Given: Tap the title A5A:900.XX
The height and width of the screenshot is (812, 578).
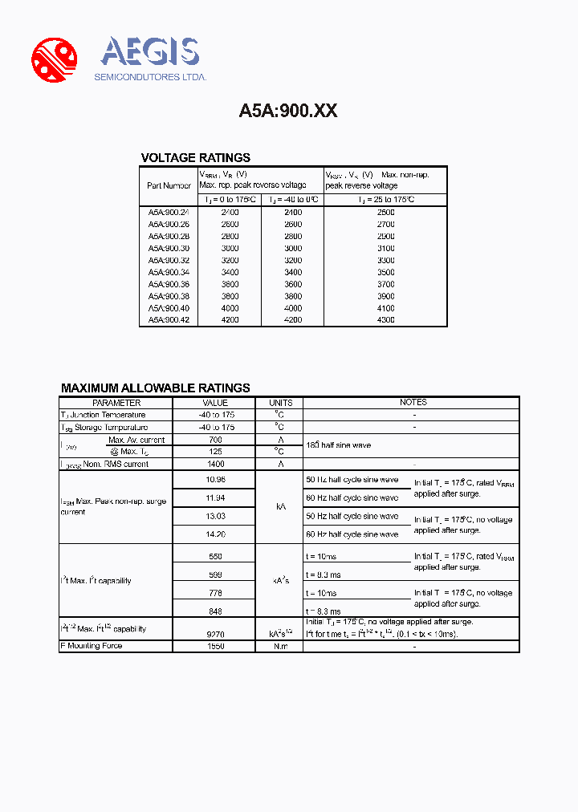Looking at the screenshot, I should point(288,112).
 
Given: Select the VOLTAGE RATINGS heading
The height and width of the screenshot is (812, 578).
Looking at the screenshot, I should point(195,158).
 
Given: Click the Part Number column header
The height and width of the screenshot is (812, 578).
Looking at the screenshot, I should point(169,185).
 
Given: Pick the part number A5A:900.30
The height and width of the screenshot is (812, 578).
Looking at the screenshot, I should point(169,249).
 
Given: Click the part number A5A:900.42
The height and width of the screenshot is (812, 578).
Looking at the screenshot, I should point(169,320).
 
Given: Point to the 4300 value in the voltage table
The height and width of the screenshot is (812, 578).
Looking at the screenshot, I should point(385,320).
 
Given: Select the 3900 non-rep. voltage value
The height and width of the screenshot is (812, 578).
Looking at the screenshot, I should point(385,296).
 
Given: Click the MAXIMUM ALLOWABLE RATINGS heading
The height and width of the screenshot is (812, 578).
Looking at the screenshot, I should point(156,388).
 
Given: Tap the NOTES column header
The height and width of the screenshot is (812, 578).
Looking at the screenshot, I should point(413,403).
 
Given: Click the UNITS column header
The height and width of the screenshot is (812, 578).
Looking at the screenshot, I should point(281,403).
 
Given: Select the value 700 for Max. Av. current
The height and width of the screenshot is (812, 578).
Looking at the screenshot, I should point(215,440).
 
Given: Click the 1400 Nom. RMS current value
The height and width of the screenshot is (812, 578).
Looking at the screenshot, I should point(215,464).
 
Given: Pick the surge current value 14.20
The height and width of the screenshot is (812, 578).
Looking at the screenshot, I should point(215,534).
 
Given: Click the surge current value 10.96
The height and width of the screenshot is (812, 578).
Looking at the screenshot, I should point(215,480).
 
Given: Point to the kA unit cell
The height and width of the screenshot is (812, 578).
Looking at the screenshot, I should point(281,507).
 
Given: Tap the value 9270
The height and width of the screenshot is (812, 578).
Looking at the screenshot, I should point(215,634).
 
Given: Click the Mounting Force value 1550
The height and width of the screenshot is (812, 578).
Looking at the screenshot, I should point(215,646).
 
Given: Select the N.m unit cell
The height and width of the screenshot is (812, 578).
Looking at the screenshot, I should point(281,646).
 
